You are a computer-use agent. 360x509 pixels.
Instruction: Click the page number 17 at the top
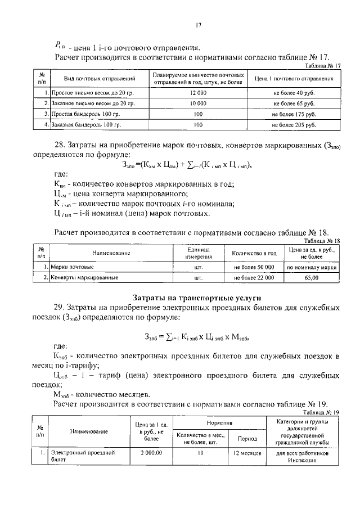199,25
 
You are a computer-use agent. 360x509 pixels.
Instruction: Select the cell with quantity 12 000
198,92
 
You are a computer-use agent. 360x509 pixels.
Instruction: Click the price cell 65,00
311,278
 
